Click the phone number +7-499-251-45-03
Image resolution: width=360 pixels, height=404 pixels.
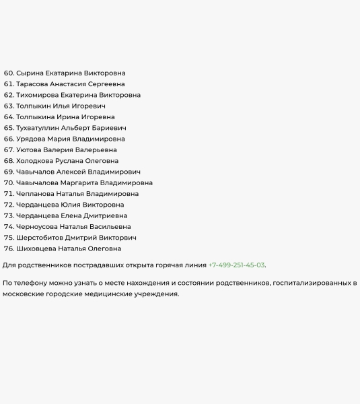[x=236, y=265]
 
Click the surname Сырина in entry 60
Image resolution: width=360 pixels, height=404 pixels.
[x=29, y=73]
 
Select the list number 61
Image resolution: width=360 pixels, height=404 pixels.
[x=9, y=84]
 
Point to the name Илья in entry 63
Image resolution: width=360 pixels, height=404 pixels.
[x=63, y=106]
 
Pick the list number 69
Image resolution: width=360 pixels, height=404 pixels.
[x=9, y=172]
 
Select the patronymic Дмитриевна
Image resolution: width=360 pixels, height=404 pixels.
[x=106, y=215]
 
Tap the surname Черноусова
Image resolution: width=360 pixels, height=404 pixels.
[x=38, y=227]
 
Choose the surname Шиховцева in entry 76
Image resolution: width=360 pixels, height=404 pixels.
[x=36, y=248]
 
